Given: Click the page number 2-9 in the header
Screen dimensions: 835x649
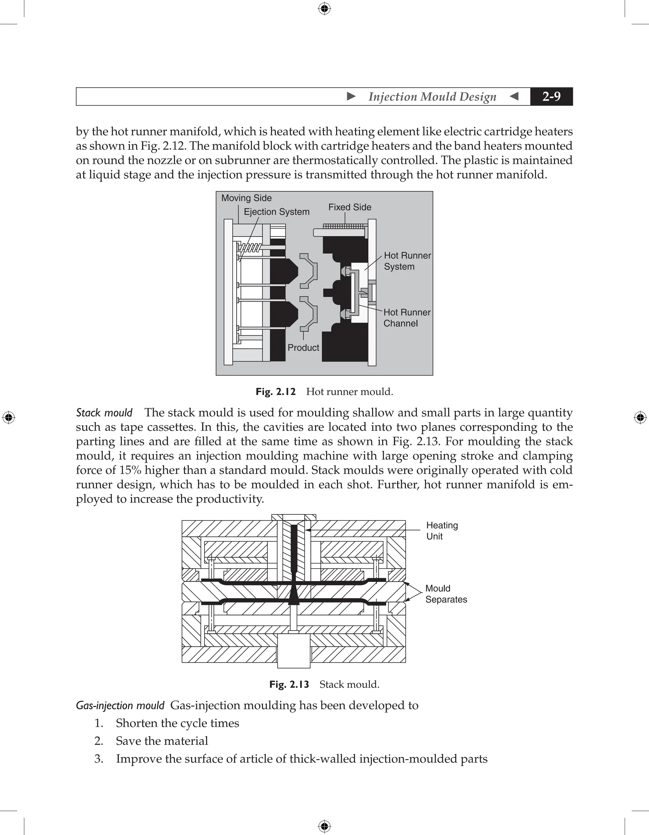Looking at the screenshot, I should pyautogui.click(x=551, y=96).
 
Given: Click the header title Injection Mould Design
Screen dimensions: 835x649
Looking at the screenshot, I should pyautogui.click(x=432, y=96).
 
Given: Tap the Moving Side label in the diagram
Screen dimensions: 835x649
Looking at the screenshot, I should pyautogui.click(x=246, y=198).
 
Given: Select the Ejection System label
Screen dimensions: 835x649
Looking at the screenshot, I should pyautogui.click(x=277, y=212).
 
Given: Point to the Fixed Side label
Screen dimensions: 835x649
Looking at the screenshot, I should pyautogui.click(x=350, y=207).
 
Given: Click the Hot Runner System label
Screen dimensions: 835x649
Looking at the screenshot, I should pyautogui.click(x=407, y=261).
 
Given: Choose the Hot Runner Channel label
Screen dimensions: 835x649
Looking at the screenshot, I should pyautogui.click(x=407, y=318).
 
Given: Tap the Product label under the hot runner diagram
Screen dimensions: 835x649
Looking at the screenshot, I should pyautogui.click(x=303, y=347).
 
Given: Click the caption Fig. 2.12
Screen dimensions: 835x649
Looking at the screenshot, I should pyautogui.click(x=275, y=392).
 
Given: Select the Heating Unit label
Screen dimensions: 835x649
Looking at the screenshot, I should pyautogui.click(x=442, y=531).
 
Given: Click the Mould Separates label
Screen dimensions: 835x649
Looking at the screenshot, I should pyautogui.click(x=446, y=594).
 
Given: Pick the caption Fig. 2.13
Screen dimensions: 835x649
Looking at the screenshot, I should pyautogui.click(x=289, y=684).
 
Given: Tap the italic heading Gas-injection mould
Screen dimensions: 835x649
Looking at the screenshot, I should pyautogui.click(x=120, y=705).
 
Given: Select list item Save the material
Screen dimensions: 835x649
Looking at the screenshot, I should pyautogui.click(x=162, y=741).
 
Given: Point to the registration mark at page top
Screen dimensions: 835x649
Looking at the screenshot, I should pyautogui.click(x=324, y=9).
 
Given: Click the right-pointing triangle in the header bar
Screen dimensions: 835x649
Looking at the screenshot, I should pyautogui.click(x=351, y=96).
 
